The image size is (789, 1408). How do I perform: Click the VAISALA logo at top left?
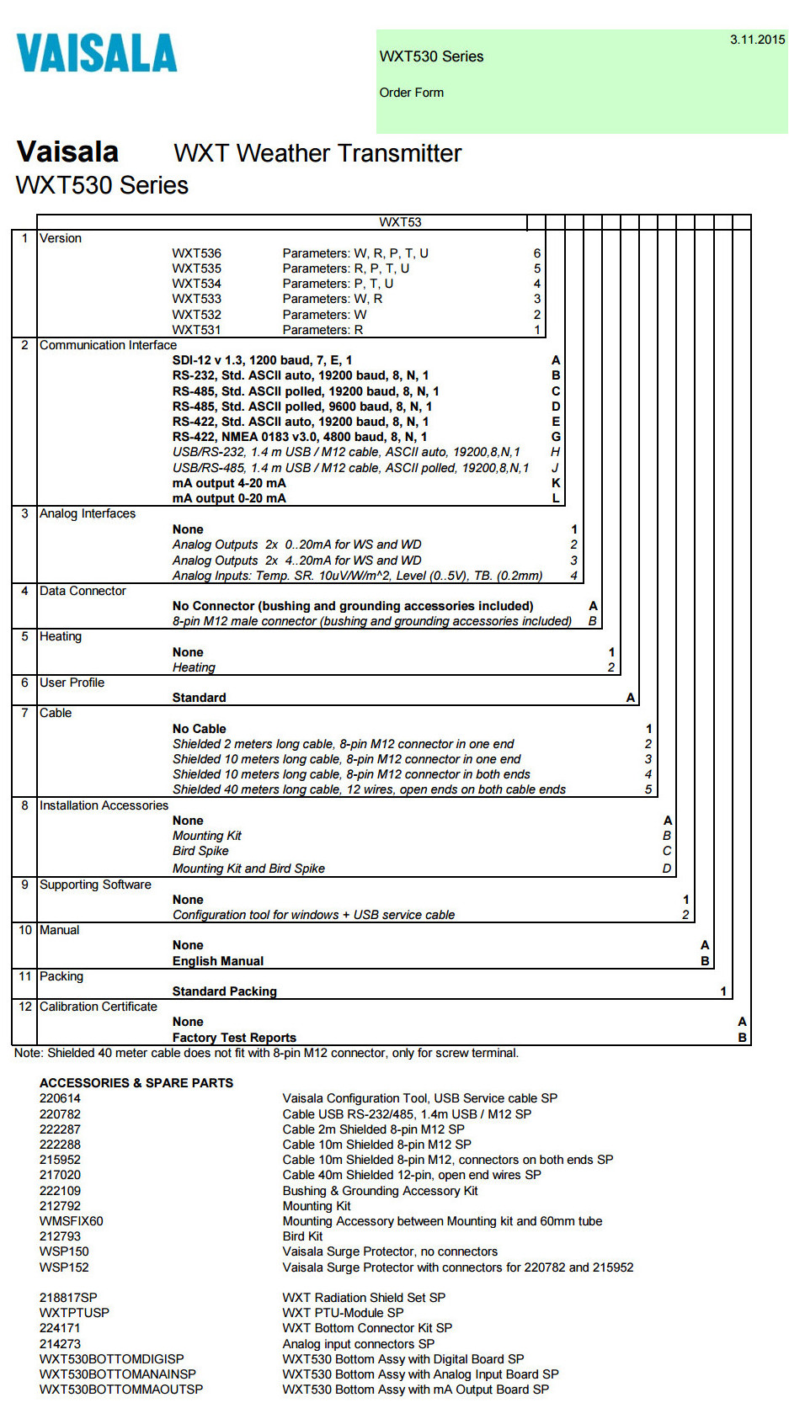point(97,53)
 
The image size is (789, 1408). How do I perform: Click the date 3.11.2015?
point(757,40)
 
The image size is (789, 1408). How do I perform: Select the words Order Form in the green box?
point(411,93)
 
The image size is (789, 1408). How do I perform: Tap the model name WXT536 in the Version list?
point(196,253)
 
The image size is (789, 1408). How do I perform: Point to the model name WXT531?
point(196,330)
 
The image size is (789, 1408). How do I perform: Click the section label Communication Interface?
point(108,345)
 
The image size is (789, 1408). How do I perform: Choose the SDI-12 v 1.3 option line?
point(262,360)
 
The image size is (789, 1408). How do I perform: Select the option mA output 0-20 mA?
point(229,498)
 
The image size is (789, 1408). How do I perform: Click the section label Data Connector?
point(83,591)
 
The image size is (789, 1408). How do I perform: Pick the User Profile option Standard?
point(199,698)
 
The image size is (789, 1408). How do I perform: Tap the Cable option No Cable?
point(199,729)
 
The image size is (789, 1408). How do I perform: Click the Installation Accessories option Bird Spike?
point(200,851)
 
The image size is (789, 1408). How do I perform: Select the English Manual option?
point(218,961)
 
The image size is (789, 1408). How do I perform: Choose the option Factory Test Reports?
point(234,1038)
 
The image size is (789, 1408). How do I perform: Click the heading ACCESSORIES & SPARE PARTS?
point(136,1083)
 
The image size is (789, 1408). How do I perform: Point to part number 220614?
point(60,1098)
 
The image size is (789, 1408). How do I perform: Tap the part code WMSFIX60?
point(72,1221)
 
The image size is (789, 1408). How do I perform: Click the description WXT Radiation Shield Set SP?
point(364,1298)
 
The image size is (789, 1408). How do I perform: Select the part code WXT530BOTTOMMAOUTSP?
point(121,1389)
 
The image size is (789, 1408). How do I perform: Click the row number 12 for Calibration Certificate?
point(25,1007)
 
